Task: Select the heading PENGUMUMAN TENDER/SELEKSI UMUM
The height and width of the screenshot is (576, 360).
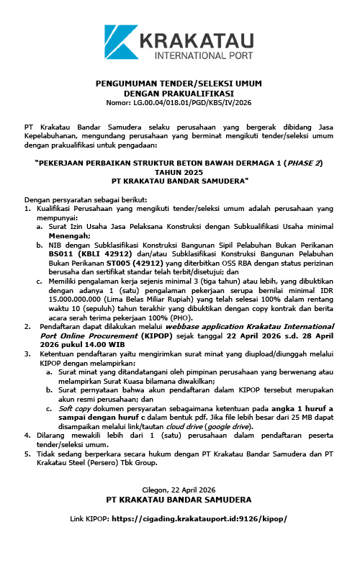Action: coord(179,85)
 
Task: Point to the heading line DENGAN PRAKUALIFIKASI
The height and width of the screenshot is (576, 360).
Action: coord(179,94)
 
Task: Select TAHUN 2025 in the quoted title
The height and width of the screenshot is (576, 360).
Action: coord(180,172)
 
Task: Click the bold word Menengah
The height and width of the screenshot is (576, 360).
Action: coord(69,235)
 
